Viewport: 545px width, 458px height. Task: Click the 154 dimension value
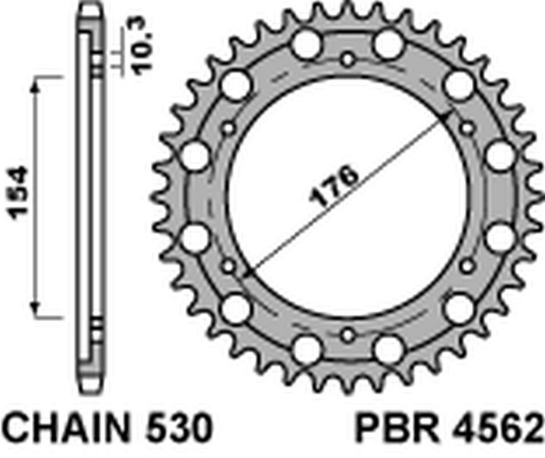(x=18, y=193)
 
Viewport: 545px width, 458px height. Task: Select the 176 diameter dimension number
(x=334, y=184)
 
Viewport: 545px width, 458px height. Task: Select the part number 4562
(x=499, y=427)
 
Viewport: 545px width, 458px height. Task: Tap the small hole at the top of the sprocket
(x=347, y=60)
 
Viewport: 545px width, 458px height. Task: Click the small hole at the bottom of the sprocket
(x=347, y=336)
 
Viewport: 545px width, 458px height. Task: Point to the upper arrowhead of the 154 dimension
(x=34, y=86)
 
